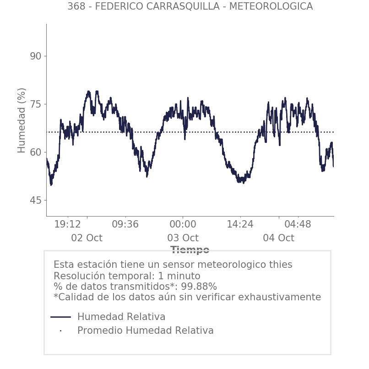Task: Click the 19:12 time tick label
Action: point(68,224)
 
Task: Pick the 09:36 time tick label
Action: point(125,224)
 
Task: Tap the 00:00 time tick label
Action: point(183,224)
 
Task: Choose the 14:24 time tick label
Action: point(240,224)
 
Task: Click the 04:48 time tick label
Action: point(298,224)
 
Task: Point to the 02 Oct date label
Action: point(87,238)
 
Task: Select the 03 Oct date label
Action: point(183,238)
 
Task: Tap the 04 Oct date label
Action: point(278,238)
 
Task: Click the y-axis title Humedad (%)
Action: point(22,120)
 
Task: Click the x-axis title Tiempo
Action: point(190,250)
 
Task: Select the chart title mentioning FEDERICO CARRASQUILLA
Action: point(190,7)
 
